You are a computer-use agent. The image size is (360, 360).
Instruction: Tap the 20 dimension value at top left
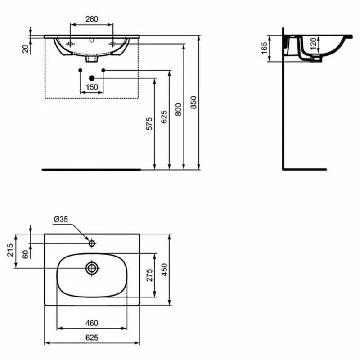(26, 49)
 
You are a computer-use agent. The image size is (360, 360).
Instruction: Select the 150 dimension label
(92, 87)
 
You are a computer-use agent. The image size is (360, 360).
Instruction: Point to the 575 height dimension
(149, 124)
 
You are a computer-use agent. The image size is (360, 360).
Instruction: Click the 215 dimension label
(10, 250)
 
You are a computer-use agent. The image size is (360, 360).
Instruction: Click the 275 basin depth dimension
(149, 275)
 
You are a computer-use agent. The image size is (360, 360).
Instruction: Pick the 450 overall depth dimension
(165, 270)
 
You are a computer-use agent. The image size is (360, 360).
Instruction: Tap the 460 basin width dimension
(92, 323)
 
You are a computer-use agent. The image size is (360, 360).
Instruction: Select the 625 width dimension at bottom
(92, 337)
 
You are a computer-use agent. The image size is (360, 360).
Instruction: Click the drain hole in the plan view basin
(92, 268)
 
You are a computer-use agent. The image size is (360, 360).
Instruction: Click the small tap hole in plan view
(92, 243)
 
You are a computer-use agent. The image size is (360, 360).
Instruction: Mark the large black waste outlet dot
(92, 78)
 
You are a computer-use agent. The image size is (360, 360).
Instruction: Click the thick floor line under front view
(90, 170)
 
